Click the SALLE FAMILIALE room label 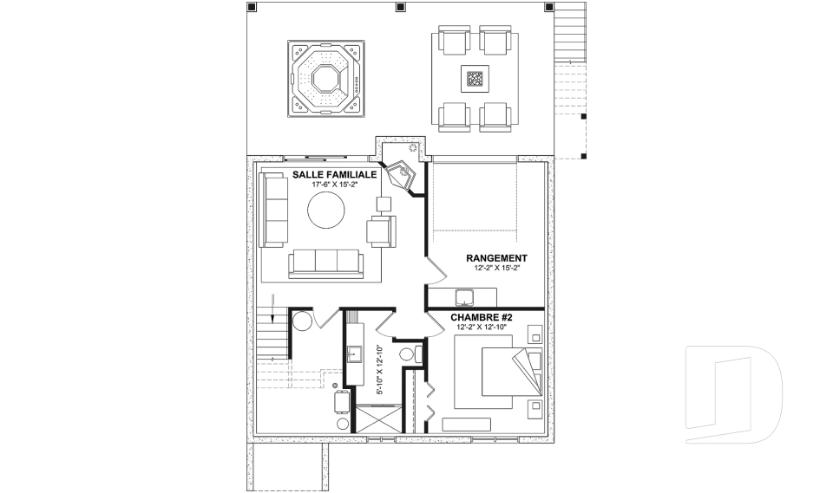(x=335, y=175)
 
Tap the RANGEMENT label (x=496, y=258)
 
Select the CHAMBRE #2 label (x=482, y=317)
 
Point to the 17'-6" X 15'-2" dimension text (x=335, y=185)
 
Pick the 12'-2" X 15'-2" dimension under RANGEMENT (x=496, y=268)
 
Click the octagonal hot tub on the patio (x=326, y=79)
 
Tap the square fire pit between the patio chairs (x=475, y=79)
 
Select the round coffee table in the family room (x=326, y=211)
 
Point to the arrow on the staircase (x=273, y=308)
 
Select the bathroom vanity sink (x=354, y=354)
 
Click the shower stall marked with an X (x=378, y=420)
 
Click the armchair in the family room (x=382, y=230)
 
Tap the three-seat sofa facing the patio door (x=326, y=263)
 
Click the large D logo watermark (x=734, y=394)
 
